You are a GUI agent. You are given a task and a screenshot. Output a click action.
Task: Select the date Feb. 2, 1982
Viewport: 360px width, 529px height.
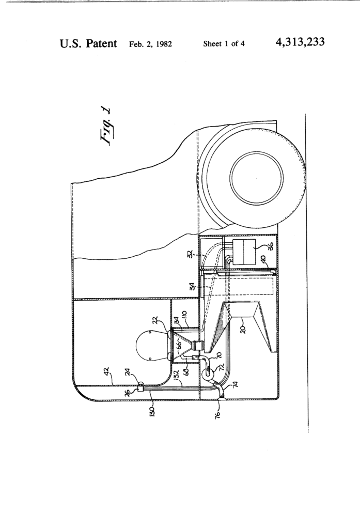(150, 43)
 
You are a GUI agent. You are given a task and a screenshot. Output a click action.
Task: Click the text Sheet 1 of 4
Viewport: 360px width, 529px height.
(224, 43)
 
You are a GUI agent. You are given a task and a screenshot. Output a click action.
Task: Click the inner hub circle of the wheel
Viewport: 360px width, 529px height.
(257, 176)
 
